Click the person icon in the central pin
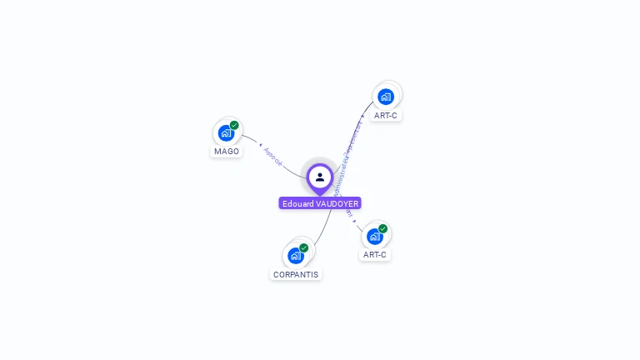(x=320, y=177)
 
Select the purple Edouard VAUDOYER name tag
(x=320, y=203)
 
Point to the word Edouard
(x=297, y=203)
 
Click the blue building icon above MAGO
(x=226, y=132)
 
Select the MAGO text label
(x=227, y=152)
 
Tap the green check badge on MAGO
(x=234, y=125)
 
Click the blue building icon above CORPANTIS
(x=295, y=255)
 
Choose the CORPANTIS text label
(x=296, y=274)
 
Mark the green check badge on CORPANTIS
(x=303, y=247)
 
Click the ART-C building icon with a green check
(x=375, y=236)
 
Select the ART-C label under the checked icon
(x=375, y=255)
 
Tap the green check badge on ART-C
(x=382, y=228)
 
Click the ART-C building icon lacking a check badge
(x=385, y=97)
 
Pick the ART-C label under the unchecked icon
(x=386, y=116)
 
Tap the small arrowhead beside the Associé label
(x=260, y=145)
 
